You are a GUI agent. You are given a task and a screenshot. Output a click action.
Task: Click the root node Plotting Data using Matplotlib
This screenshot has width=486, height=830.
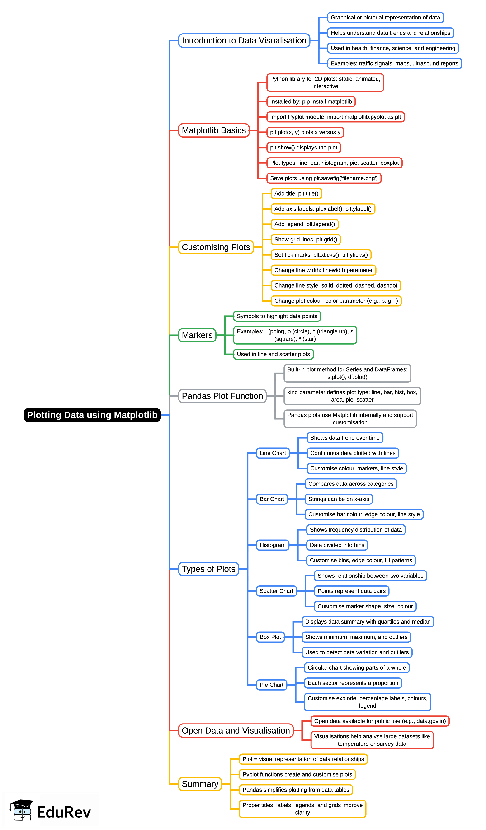[92, 415]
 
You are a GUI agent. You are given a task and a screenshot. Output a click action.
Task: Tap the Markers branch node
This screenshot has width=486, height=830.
[197, 335]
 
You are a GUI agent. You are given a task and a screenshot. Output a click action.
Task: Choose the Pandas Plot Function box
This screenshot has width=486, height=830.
[222, 396]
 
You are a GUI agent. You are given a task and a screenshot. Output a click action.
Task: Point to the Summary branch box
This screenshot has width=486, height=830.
[200, 784]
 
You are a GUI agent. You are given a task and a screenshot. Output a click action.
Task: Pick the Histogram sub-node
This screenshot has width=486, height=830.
[273, 545]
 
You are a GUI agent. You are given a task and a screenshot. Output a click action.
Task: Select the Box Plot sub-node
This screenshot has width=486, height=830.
[270, 637]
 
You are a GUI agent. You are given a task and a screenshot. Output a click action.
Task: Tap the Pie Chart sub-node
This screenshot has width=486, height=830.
[271, 685]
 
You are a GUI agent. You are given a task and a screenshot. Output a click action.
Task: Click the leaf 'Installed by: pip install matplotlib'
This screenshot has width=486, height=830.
[311, 102]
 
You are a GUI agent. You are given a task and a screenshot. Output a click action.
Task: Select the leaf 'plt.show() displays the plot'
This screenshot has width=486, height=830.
[303, 148]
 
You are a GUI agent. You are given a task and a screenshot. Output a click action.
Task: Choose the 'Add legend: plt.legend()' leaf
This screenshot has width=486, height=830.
[304, 224]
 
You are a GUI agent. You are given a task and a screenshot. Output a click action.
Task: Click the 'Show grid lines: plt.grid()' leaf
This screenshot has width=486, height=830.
[305, 240]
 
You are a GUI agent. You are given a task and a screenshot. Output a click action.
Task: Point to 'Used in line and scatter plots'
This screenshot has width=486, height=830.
[273, 354]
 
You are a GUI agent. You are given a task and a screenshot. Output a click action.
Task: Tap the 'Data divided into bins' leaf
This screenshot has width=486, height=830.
[337, 545]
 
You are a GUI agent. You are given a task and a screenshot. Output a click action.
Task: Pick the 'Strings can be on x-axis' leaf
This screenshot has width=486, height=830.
[339, 499]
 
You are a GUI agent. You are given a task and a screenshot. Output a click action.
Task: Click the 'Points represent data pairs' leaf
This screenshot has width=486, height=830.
[351, 591]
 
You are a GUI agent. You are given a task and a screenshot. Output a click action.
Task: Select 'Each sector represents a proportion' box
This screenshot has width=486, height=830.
[353, 683]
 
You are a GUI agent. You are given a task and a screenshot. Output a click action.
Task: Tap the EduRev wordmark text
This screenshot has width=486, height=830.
[64, 812]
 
